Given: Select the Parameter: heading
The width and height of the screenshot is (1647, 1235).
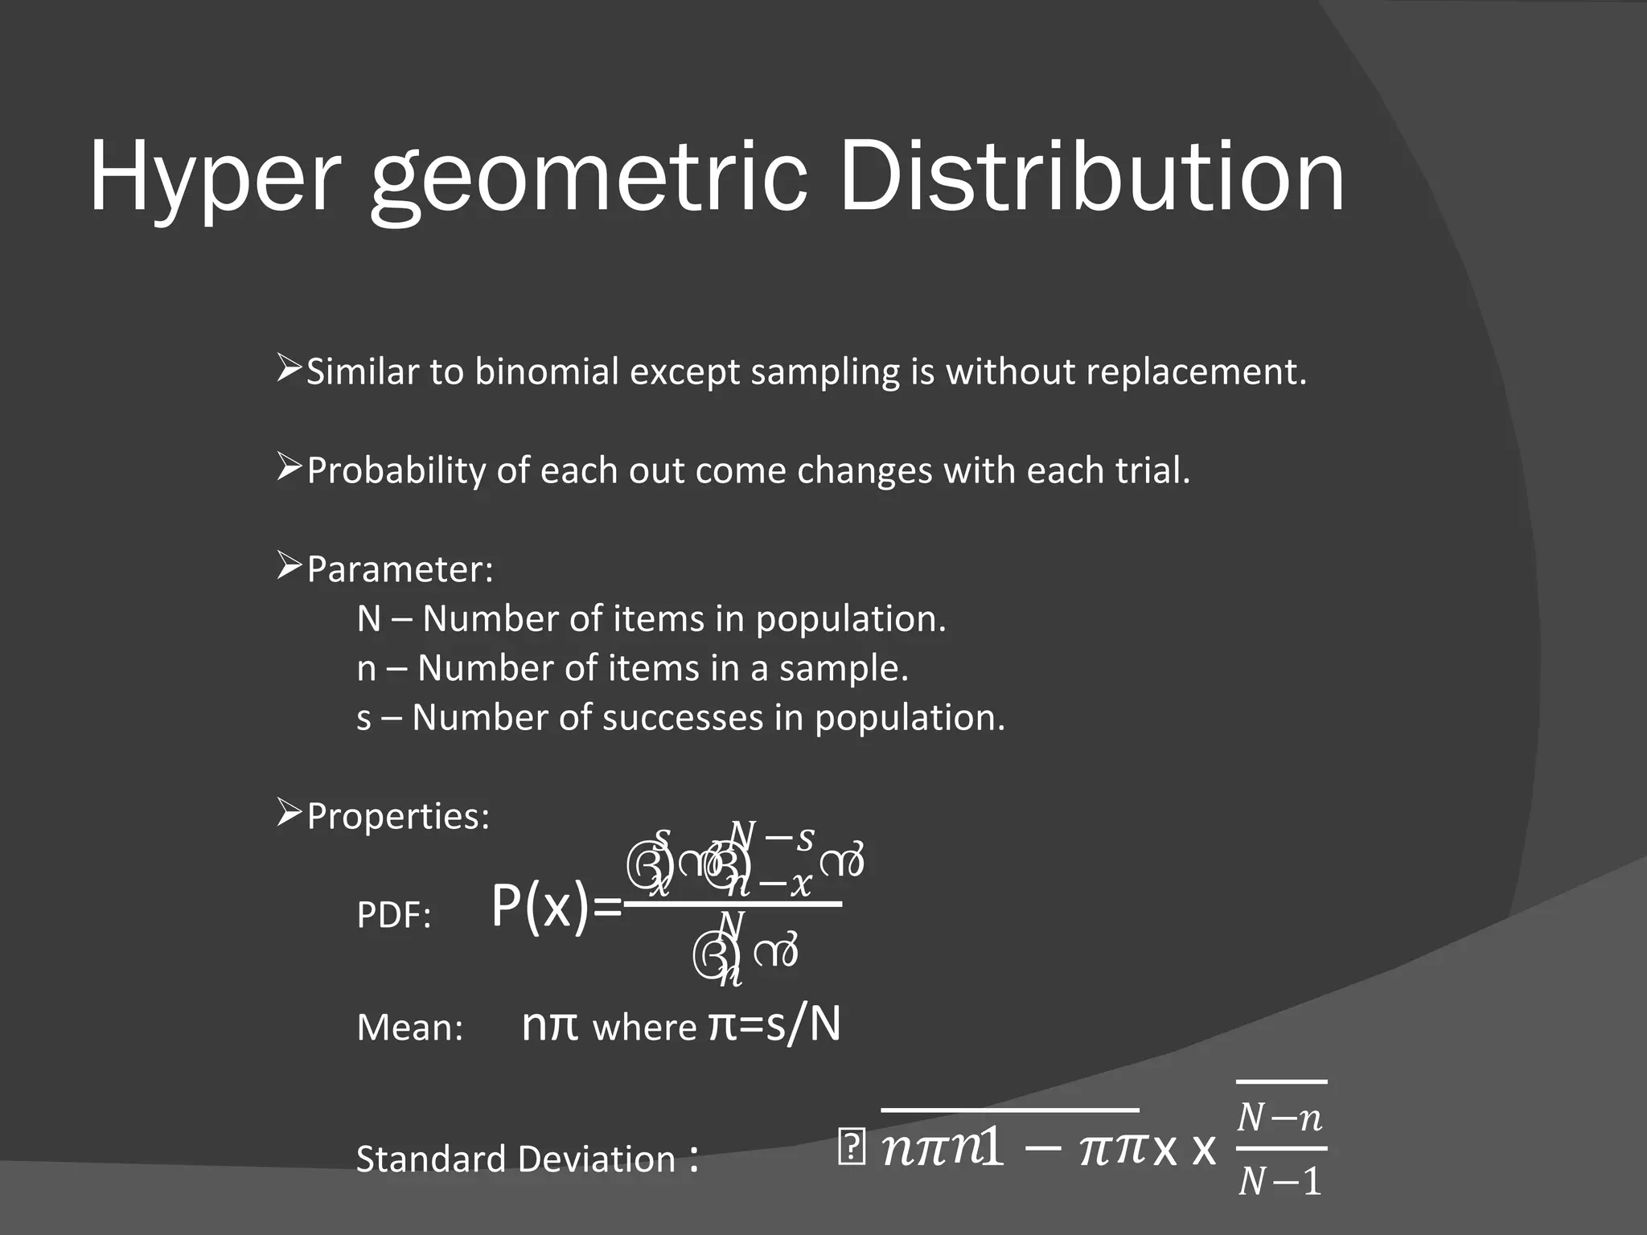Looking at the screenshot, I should click(x=400, y=569).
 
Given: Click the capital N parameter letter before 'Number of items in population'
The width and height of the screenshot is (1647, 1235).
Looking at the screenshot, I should click(x=369, y=619).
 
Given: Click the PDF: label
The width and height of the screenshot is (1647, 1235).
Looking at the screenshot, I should click(x=394, y=916).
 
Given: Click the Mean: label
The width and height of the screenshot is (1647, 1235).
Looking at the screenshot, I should click(x=410, y=1028).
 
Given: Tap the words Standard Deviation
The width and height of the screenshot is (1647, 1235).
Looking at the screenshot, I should click(x=515, y=1159).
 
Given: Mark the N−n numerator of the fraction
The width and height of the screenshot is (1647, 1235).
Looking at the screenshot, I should click(x=1280, y=1118).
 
